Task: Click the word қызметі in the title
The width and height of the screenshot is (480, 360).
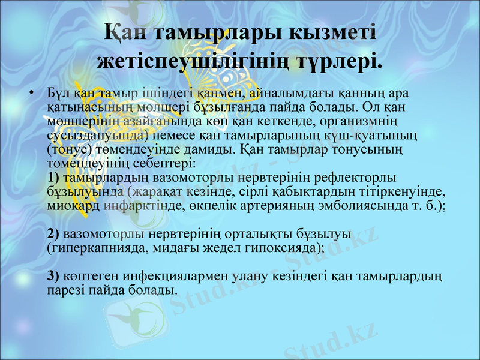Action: tap(325, 32)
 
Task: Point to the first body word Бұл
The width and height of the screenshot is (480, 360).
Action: tap(58, 94)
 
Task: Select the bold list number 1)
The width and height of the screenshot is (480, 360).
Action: tap(53, 177)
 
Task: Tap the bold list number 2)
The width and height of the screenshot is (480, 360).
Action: tap(53, 232)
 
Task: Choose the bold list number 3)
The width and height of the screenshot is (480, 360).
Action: tap(53, 276)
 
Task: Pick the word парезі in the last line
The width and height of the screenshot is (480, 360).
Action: tap(64, 290)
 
